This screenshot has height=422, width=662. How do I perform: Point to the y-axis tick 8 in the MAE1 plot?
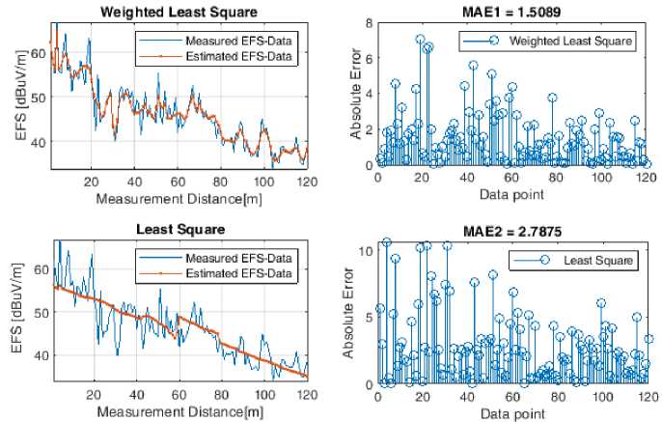[365, 21]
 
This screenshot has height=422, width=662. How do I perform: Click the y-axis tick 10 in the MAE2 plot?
[362, 251]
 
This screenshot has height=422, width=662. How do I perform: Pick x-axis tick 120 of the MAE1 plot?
[645, 178]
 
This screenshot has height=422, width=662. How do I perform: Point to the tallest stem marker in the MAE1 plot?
[420, 40]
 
